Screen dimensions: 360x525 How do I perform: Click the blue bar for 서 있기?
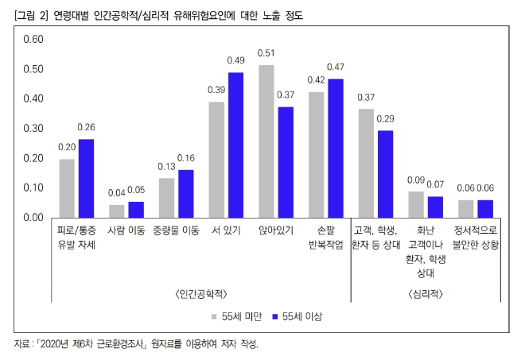(235, 144)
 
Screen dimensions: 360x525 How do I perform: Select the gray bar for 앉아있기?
(266, 141)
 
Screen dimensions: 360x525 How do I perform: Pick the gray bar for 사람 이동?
(116, 211)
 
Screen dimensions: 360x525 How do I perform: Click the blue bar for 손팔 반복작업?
(336, 147)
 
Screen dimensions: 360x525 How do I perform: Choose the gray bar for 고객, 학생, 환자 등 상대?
(365, 162)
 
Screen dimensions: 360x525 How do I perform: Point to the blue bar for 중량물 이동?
(186, 192)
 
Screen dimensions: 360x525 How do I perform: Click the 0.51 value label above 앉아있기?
(266, 53)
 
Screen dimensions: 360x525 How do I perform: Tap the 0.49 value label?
(235, 60)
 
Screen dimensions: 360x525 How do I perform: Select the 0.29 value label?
(386, 118)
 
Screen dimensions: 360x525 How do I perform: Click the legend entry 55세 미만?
(238, 315)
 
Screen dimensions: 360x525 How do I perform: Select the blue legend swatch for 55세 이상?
(275, 315)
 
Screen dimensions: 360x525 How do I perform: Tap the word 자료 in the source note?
(24, 344)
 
